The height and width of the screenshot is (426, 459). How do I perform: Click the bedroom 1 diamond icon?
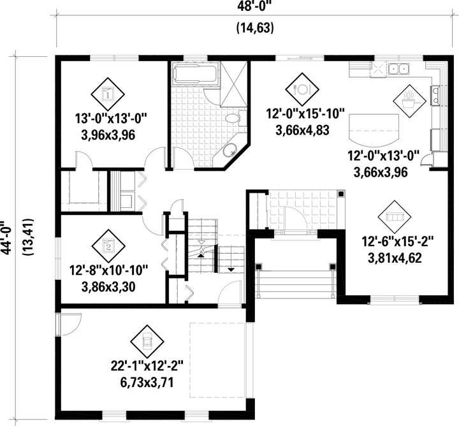(x=108, y=94)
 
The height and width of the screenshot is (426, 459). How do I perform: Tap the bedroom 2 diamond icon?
(x=108, y=246)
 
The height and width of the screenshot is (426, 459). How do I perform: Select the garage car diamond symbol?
(x=147, y=341)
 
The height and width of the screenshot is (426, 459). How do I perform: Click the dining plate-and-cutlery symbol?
(x=302, y=89)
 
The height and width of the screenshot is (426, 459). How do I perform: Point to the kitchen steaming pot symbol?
(x=409, y=101)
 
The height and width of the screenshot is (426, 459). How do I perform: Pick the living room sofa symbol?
(x=395, y=217)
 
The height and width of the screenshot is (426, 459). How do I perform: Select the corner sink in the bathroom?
(x=230, y=151)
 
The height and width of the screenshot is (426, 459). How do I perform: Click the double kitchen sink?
(x=398, y=69)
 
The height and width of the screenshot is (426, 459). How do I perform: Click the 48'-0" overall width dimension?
(x=254, y=6)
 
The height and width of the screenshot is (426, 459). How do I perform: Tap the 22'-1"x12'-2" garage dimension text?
(x=147, y=367)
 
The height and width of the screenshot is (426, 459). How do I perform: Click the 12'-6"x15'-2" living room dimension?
(x=398, y=242)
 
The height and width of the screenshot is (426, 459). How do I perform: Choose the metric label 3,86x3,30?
(x=108, y=287)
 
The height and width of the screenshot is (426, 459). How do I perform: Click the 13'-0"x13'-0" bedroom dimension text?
(x=111, y=119)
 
